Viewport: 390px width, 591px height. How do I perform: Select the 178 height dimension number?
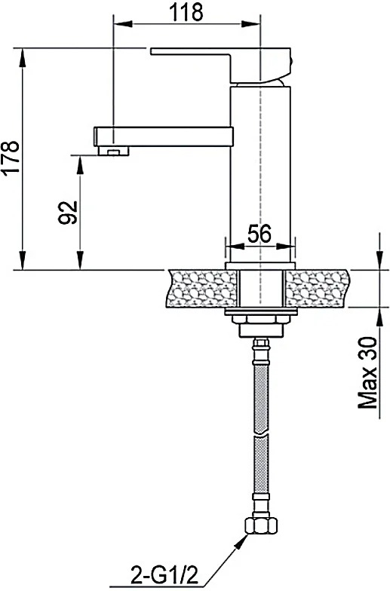click(x=10, y=157)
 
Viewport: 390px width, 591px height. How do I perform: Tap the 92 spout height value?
click(x=67, y=213)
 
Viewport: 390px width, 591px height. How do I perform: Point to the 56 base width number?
click(x=259, y=234)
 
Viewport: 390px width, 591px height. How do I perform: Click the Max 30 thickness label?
click(x=367, y=372)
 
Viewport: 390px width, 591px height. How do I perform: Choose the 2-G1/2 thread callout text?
click(x=164, y=575)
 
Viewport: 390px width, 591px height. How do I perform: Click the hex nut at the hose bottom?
click(x=261, y=525)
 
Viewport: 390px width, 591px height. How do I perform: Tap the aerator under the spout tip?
click(x=113, y=152)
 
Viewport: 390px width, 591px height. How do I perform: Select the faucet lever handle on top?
click(x=222, y=65)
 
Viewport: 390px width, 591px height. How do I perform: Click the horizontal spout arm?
click(x=163, y=136)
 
